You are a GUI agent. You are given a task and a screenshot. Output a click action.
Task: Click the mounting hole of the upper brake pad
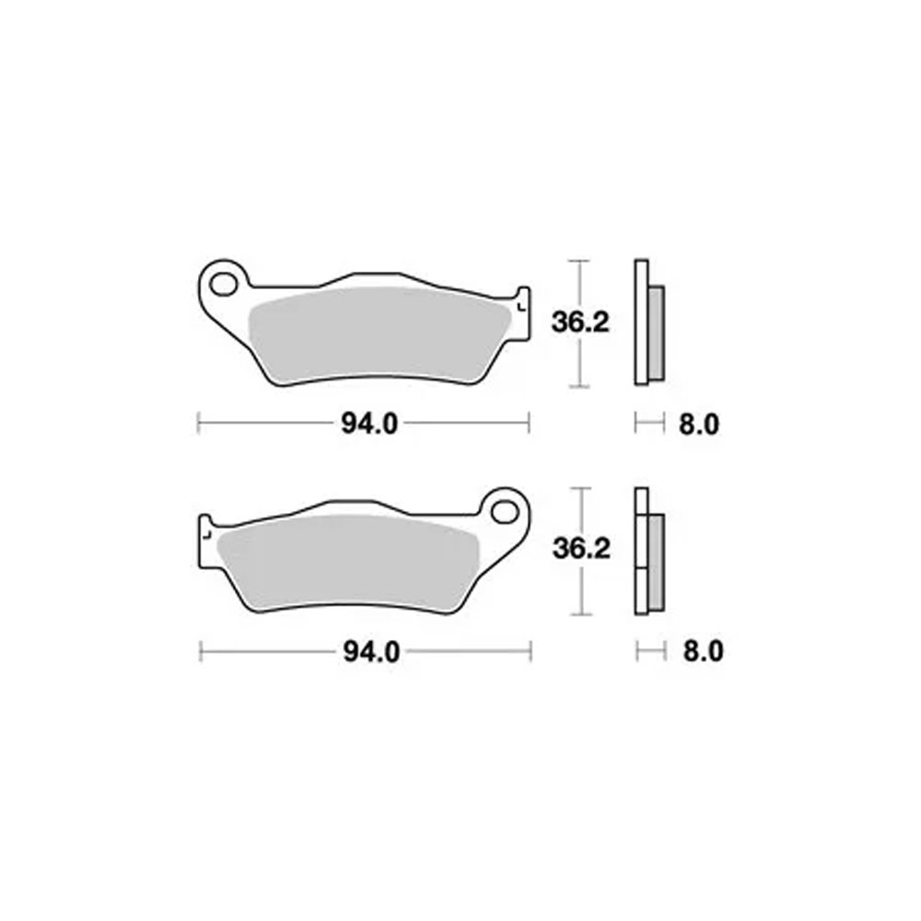click(x=223, y=286)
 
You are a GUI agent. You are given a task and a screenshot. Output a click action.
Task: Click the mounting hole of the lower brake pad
click(x=504, y=512)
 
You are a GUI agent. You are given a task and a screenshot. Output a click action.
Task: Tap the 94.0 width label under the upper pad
click(x=369, y=424)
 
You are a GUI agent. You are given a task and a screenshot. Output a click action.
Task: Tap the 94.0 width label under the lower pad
click(x=371, y=652)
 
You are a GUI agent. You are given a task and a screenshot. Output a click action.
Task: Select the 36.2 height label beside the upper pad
click(x=580, y=322)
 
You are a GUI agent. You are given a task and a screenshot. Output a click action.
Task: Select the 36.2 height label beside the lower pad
click(x=581, y=549)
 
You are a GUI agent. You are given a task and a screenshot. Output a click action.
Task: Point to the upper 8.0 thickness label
click(x=699, y=425)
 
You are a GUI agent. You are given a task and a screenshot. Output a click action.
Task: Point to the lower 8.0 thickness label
click(x=703, y=652)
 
